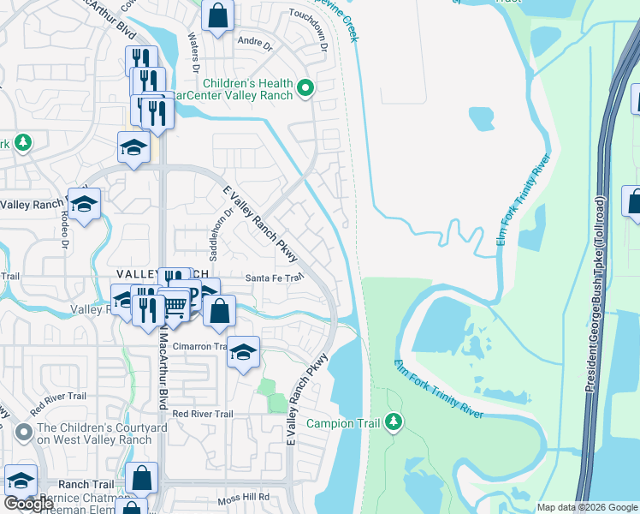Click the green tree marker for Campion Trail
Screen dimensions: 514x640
393,421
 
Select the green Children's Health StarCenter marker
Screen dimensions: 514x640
305,88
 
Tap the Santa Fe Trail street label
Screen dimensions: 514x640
275,278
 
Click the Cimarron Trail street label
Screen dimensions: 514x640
199,347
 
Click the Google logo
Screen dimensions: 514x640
29,504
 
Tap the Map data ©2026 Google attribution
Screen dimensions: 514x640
586,506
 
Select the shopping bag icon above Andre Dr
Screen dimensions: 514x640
219,16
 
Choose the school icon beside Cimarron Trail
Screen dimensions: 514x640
244,352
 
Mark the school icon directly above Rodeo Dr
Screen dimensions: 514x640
84,204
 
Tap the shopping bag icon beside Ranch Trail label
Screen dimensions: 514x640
142,479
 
